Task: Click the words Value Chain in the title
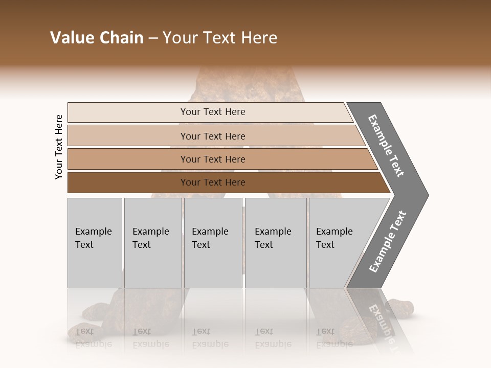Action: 97,37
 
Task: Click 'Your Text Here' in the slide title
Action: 220,37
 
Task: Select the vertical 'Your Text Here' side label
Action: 59,147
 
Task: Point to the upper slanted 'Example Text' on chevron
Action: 386,146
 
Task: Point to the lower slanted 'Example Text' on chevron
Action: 388,241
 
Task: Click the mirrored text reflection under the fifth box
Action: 334,337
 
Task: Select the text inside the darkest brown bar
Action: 213,182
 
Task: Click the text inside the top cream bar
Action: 213,112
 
